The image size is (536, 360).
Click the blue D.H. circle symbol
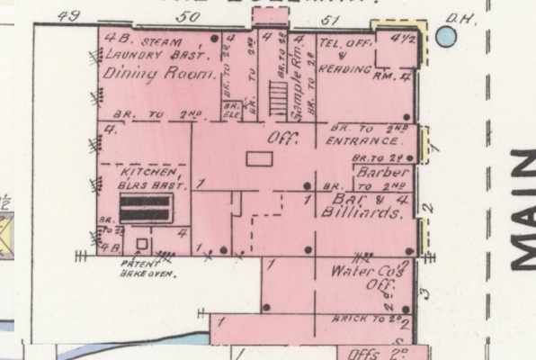click(445, 36)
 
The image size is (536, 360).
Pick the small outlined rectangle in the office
click(259, 158)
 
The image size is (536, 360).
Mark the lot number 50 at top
click(187, 16)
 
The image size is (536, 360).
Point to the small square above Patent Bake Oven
click(141, 244)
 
